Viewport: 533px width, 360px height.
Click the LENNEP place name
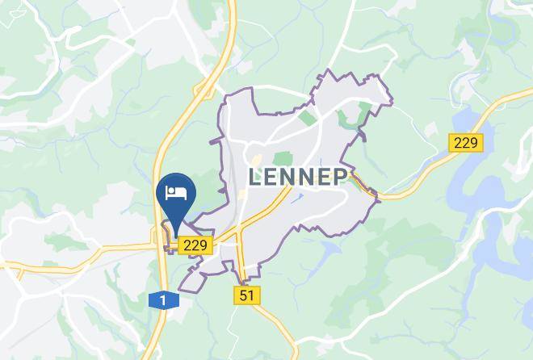[298, 177]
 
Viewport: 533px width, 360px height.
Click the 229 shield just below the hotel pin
[195, 245]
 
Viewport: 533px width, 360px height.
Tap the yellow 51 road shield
[247, 295]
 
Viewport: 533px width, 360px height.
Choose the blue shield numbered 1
[163, 300]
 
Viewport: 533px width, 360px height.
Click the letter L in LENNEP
[256, 178]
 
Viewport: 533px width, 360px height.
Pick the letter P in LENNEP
[339, 178]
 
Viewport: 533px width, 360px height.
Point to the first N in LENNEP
[289, 178]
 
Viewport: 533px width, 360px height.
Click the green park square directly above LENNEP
[282, 158]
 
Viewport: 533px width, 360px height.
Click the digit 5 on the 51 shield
[243, 295]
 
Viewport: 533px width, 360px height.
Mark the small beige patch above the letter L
[258, 161]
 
